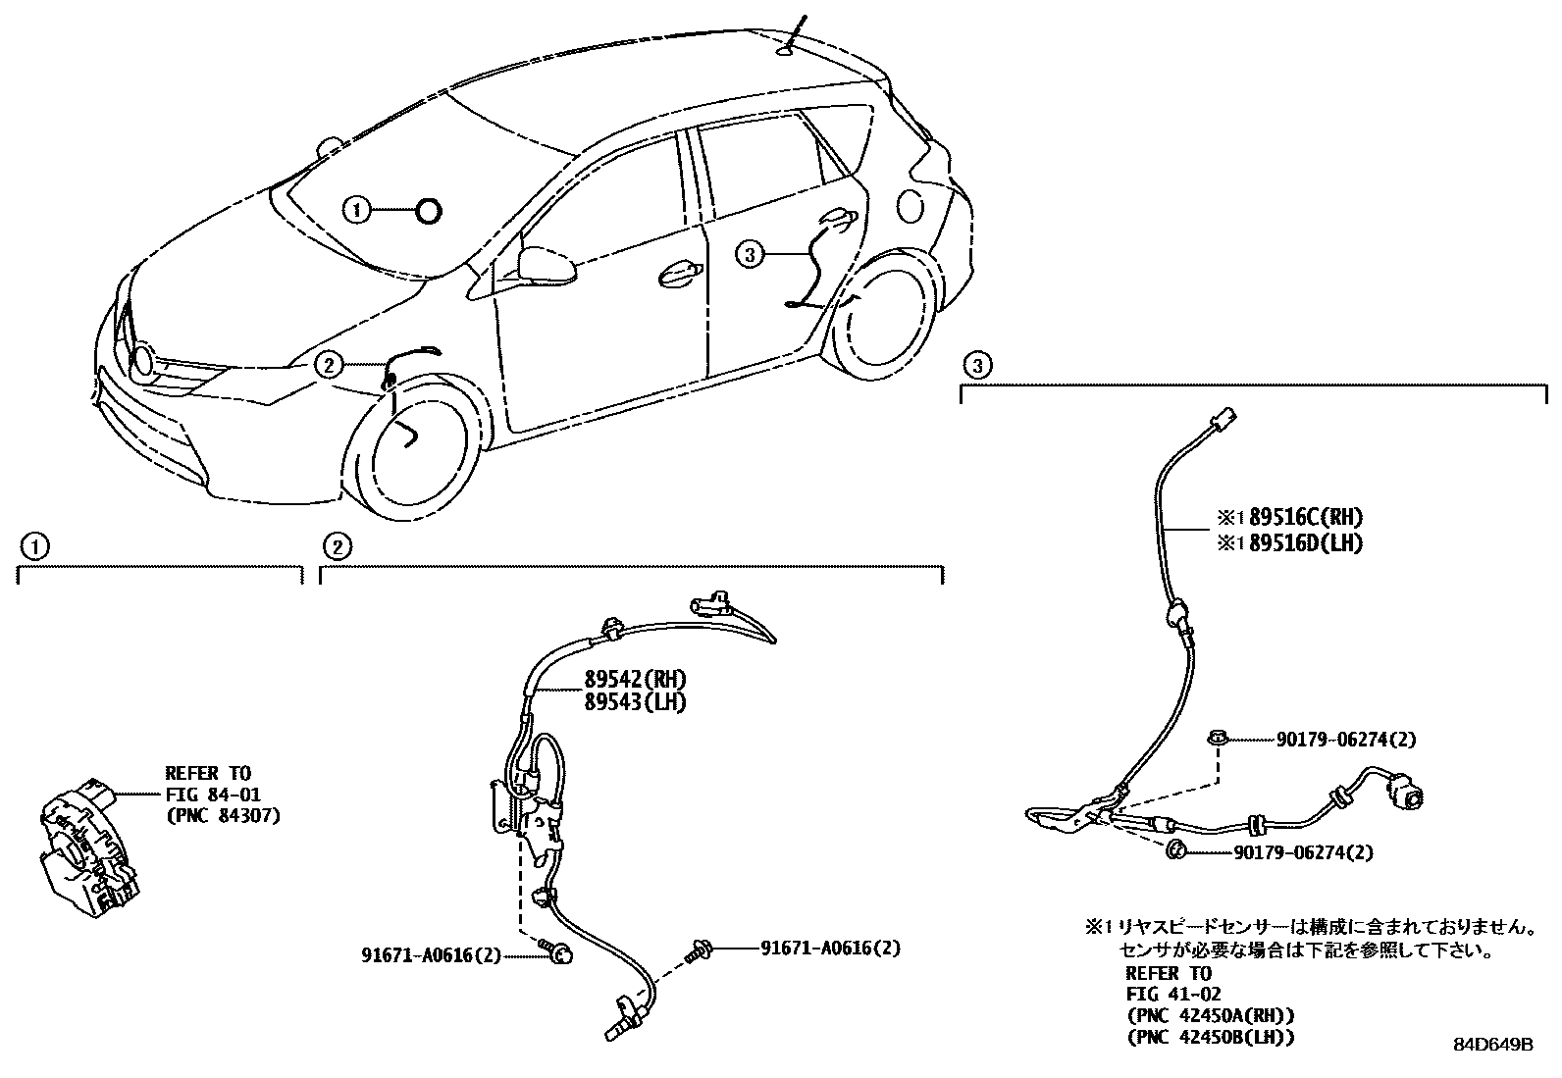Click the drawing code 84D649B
pyautogui.click(x=1492, y=1045)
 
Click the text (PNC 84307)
pyautogui.click(x=222, y=814)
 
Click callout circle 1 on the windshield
pyautogui.click(x=357, y=209)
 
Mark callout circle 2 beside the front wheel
pyautogui.click(x=329, y=365)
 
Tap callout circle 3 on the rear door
pyautogui.click(x=749, y=255)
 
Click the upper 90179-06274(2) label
pyautogui.click(x=1346, y=740)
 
